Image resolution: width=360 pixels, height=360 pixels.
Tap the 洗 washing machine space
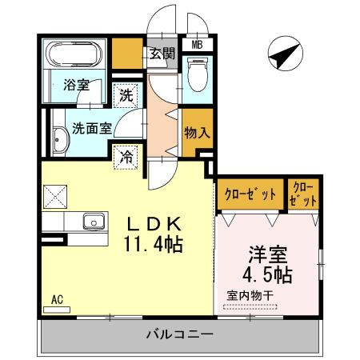pos(126,95)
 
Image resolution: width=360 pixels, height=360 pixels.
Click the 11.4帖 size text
pos(154,244)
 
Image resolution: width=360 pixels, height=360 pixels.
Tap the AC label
pos(57,300)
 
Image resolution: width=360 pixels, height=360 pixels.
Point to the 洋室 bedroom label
pos(267,254)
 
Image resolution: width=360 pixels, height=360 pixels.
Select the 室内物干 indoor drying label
pos(250,296)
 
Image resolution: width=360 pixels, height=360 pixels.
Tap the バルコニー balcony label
pos(179,334)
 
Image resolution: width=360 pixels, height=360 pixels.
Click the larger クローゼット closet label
pos(248,194)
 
